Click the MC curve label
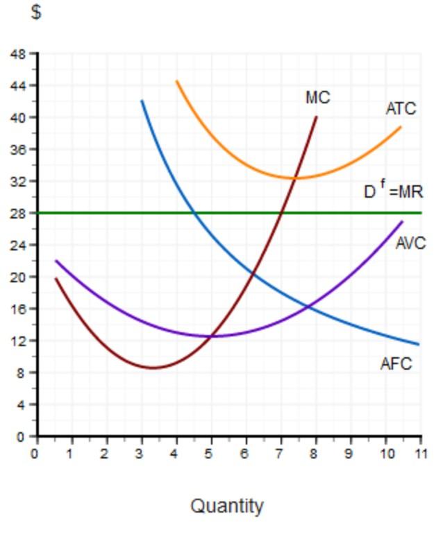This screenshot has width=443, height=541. (317, 98)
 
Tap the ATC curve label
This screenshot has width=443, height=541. (401, 108)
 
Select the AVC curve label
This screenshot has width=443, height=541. (410, 243)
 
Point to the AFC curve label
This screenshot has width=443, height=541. (396, 363)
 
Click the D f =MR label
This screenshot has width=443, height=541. (393, 191)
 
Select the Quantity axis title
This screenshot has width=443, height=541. (227, 506)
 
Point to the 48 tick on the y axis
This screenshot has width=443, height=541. (17, 54)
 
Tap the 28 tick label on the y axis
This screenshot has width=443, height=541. (17, 214)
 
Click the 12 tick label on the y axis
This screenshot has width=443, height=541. (17, 341)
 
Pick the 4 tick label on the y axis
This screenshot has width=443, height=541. (21, 405)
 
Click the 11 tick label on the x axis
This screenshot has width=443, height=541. (419, 454)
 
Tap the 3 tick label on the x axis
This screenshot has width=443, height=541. (141, 454)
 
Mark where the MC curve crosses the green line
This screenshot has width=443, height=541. (281, 213)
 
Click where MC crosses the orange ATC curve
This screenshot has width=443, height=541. (296, 178)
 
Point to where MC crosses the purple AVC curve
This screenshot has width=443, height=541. (211, 336)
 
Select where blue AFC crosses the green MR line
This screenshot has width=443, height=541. (194, 213)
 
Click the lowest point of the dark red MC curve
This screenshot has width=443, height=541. (153, 368)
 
